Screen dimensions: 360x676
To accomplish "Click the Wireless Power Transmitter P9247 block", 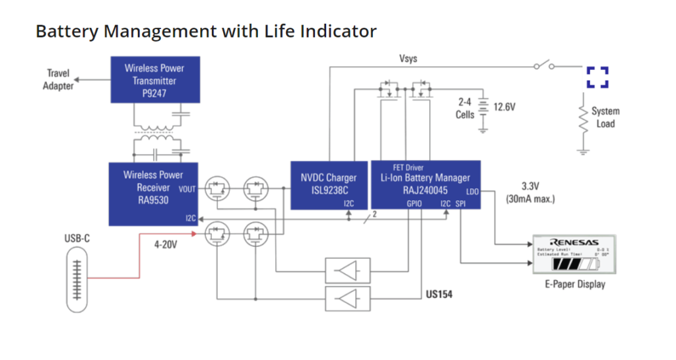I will [154, 80].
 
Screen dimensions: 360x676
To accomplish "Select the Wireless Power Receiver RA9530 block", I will [153, 194].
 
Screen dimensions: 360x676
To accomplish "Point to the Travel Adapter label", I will [58, 79].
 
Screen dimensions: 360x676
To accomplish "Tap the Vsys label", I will [408, 59].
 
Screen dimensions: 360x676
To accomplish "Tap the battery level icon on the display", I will [576, 264].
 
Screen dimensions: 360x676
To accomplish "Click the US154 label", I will [439, 293].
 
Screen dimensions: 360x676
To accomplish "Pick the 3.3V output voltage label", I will [530, 186].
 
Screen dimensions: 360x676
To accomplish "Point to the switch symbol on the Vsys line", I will [544, 65].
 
